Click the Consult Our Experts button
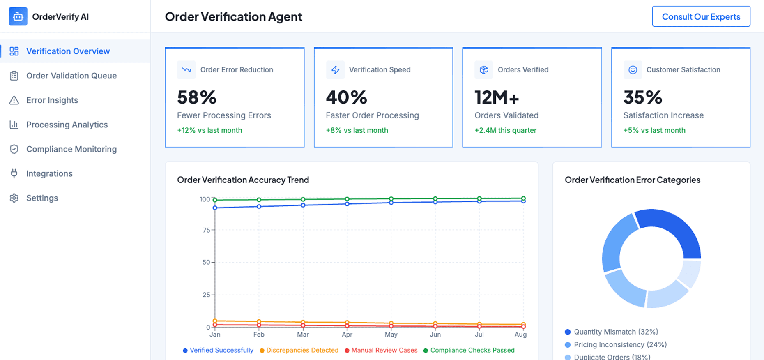701,17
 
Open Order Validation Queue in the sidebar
71,76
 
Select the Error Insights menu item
52,100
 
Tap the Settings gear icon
14,198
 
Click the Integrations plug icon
14,173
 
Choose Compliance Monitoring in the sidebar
71,149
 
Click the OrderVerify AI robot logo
18,16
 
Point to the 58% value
197,97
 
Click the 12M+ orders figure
497,97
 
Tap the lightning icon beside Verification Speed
335,70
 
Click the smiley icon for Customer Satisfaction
633,70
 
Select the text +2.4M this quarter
505,130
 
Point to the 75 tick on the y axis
206,230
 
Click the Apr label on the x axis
347,335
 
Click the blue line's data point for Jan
215,208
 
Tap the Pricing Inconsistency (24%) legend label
620,344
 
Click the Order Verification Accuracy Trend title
243,180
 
